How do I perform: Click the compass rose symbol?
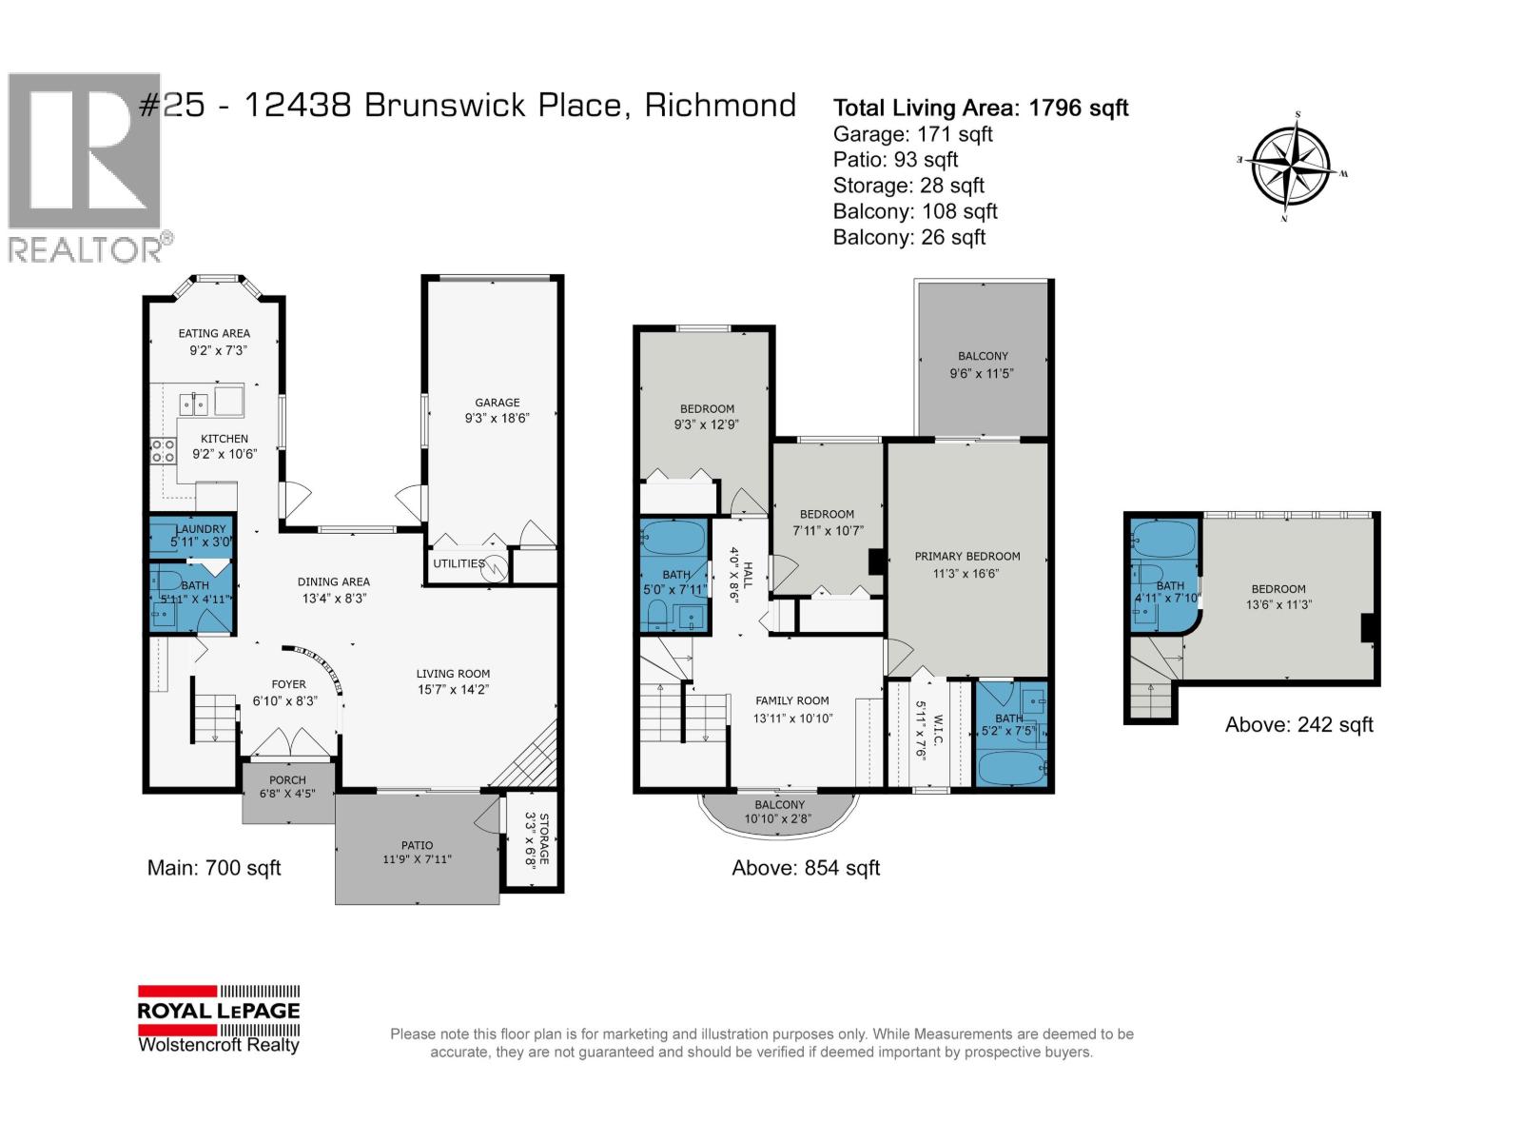coord(1291,168)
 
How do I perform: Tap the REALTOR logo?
coord(88,167)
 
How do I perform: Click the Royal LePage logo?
coord(219,1019)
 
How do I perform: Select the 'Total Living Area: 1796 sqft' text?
coord(980,108)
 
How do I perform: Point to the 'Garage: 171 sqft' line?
coord(912,134)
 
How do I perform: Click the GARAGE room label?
coord(498,403)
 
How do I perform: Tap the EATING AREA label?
coord(214,333)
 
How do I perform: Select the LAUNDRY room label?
coord(201,529)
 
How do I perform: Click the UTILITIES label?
coord(459,563)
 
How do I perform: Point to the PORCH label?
coord(287,780)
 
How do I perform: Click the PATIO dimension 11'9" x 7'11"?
coord(417,859)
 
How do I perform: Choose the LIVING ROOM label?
coord(453,674)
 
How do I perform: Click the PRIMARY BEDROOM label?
coord(966,557)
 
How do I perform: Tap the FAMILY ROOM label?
coord(792,700)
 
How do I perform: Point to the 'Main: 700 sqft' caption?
coord(214,868)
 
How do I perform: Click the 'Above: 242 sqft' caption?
coord(1298,725)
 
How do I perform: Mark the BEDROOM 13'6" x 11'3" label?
coord(1278,589)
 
